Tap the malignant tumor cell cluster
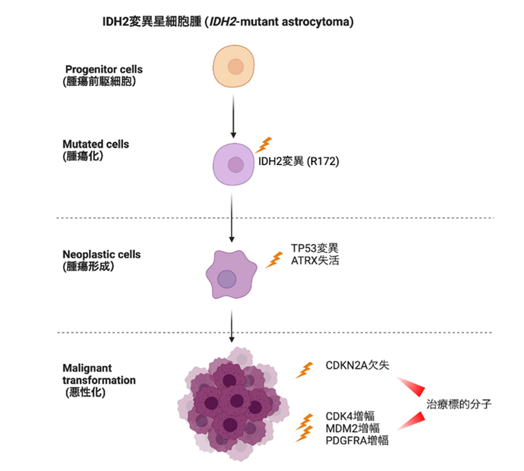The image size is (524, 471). [231, 404]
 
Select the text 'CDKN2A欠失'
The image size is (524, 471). [357, 365]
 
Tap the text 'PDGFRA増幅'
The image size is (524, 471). [357, 440]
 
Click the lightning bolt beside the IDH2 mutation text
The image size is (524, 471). [265, 145]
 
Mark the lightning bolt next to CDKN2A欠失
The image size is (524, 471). [303, 370]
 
